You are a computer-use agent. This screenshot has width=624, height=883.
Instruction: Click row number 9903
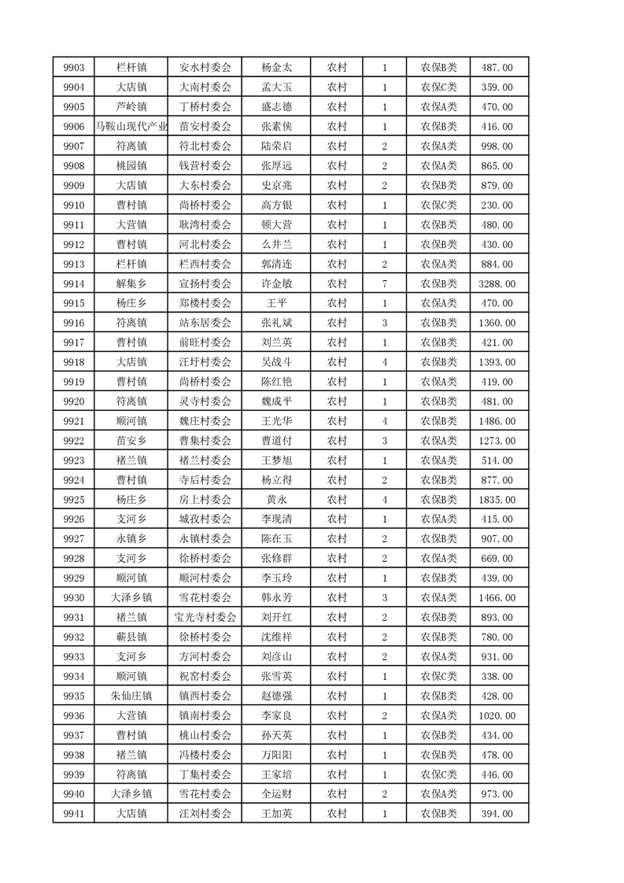(x=73, y=68)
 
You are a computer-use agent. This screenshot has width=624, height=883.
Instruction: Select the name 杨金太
(x=276, y=68)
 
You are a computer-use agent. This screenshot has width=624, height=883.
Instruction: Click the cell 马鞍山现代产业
(x=131, y=127)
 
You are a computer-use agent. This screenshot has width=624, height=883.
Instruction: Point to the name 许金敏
(x=276, y=284)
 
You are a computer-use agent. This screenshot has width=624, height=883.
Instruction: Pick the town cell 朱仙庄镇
(x=131, y=696)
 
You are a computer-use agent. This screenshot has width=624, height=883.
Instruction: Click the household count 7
(x=384, y=284)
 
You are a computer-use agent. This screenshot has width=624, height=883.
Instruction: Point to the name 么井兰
(x=276, y=245)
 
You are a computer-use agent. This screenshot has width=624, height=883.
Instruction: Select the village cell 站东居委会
(x=205, y=323)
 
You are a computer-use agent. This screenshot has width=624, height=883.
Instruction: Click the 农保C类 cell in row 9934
(x=438, y=676)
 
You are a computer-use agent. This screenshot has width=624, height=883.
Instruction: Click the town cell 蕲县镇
(x=131, y=637)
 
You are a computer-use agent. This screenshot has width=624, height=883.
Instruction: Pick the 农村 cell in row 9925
(x=337, y=500)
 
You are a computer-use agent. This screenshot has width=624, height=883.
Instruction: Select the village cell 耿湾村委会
(x=205, y=225)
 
